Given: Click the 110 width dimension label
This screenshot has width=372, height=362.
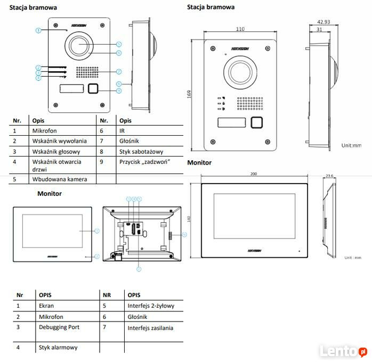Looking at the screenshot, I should [x=240, y=29].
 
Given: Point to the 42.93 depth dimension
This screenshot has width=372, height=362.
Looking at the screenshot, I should [x=324, y=22].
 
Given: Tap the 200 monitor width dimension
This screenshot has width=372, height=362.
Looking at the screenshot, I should [x=253, y=174].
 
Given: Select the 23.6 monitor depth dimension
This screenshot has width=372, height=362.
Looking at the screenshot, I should [x=329, y=176].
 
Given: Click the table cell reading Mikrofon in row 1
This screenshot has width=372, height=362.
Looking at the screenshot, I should [x=44, y=130].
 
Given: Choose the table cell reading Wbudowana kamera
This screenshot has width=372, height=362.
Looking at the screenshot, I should [x=60, y=179].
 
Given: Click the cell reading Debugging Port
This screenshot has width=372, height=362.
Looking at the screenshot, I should [x=59, y=327].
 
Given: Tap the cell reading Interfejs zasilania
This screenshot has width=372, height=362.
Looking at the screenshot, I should [x=150, y=328].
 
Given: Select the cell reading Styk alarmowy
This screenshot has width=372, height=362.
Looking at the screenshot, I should [x=58, y=348].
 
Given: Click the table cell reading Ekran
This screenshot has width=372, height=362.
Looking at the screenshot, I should [x=46, y=306].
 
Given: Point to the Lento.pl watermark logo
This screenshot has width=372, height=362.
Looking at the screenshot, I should [x=343, y=351].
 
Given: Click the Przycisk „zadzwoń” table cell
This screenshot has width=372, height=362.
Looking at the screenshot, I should [x=144, y=161].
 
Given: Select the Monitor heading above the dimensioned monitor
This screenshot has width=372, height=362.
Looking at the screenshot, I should [x=199, y=162].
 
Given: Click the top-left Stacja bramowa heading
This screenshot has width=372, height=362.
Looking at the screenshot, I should [x=33, y=8].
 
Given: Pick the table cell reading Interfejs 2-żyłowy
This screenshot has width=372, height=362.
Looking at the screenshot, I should [x=151, y=306].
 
